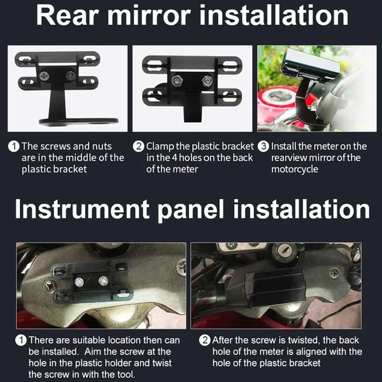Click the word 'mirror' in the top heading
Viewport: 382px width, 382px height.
pyautogui.click(x=148, y=15)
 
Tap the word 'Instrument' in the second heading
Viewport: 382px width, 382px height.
pyautogui.click(x=82, y=209)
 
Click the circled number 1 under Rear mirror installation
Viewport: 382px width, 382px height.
pyautogui.click(x=13, y=146)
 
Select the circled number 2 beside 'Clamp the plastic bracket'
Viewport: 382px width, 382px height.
pyautogui.click(x=138, y=146)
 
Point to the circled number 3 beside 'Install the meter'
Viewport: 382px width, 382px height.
pyautogui.click(x=264, y=146)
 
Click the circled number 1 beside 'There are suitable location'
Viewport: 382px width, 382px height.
pyautogui.click(x=21, y=341)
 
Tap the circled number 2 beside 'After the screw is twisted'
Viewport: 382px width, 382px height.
pyautogui.click(x=204, y=341)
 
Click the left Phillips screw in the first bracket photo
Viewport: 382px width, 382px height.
pyautogui.click(x=45, y=76)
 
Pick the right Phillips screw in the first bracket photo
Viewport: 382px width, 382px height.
pyautogui.click(x=71, y=76)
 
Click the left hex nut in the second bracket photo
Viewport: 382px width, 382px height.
pyautogui.click(x=177, y=81)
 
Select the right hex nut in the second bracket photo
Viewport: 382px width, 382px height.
pyautogui.click(x=207, y=81)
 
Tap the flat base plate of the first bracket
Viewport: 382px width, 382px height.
pyautogui.click(x=79, y=122)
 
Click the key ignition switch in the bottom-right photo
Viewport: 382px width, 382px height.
pyautogui.click(x=285, y=250)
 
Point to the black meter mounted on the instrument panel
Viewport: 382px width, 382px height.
pyautogui.click(x=276, y=288)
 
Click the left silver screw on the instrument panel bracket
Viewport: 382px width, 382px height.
pyautogui.click(x=79, y=282)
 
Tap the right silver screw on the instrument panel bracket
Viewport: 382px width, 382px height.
pyautogui.click(x=104, y=281)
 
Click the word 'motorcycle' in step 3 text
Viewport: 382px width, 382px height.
pyautogui.click(x=295, y=169)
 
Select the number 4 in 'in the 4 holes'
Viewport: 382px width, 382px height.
pyautogui.click(x=174, y=158)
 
